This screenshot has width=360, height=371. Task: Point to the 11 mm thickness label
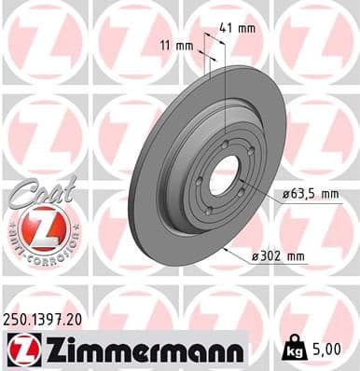[x=179, y=44]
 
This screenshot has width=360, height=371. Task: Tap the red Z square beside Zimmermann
[x=20, y=350]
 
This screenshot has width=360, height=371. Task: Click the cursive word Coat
[x=35, y=190]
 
